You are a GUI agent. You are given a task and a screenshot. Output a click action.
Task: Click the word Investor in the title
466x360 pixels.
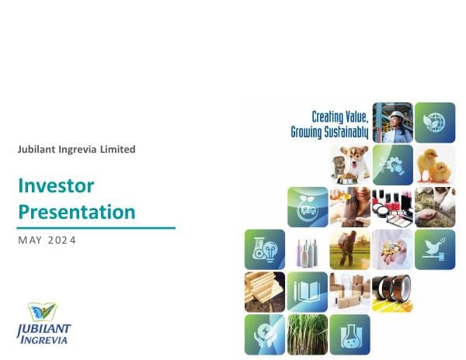[x=56, y=186]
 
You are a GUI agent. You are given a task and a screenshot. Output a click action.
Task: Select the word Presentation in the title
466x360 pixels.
[x=76, y=211]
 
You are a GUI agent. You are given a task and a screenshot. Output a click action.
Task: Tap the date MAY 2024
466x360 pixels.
[x=47, y=241]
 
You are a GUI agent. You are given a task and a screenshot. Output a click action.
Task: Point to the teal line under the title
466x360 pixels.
[x=96, y=228]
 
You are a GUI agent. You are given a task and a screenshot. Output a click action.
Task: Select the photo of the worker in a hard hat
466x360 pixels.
[x=392, y=123]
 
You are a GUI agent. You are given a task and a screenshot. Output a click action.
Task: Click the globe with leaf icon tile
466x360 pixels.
[x=434, y=123]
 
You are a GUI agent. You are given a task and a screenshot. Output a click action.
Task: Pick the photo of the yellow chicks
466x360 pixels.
[x=434, y=164]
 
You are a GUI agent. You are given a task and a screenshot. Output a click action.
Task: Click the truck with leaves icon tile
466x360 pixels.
[x=308, y=206]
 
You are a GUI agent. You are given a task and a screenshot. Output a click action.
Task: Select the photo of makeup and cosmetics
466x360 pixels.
[x=392, y=206]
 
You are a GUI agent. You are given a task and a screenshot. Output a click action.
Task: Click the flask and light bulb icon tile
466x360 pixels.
[x=265, y=249]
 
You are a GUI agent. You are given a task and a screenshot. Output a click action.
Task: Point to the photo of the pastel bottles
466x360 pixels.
[x=308, y=249]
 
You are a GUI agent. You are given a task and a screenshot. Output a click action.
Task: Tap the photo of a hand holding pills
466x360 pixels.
[x=392, y=249]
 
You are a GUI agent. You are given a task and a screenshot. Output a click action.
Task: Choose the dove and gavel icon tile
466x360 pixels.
[x=434, y=249]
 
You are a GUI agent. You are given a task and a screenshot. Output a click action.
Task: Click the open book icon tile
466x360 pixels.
[x=308, y=292]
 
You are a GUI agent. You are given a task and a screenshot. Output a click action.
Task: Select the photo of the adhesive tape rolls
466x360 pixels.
[x=392, y=292]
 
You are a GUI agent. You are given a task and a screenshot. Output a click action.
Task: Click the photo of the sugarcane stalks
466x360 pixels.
[x=308, y=334]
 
